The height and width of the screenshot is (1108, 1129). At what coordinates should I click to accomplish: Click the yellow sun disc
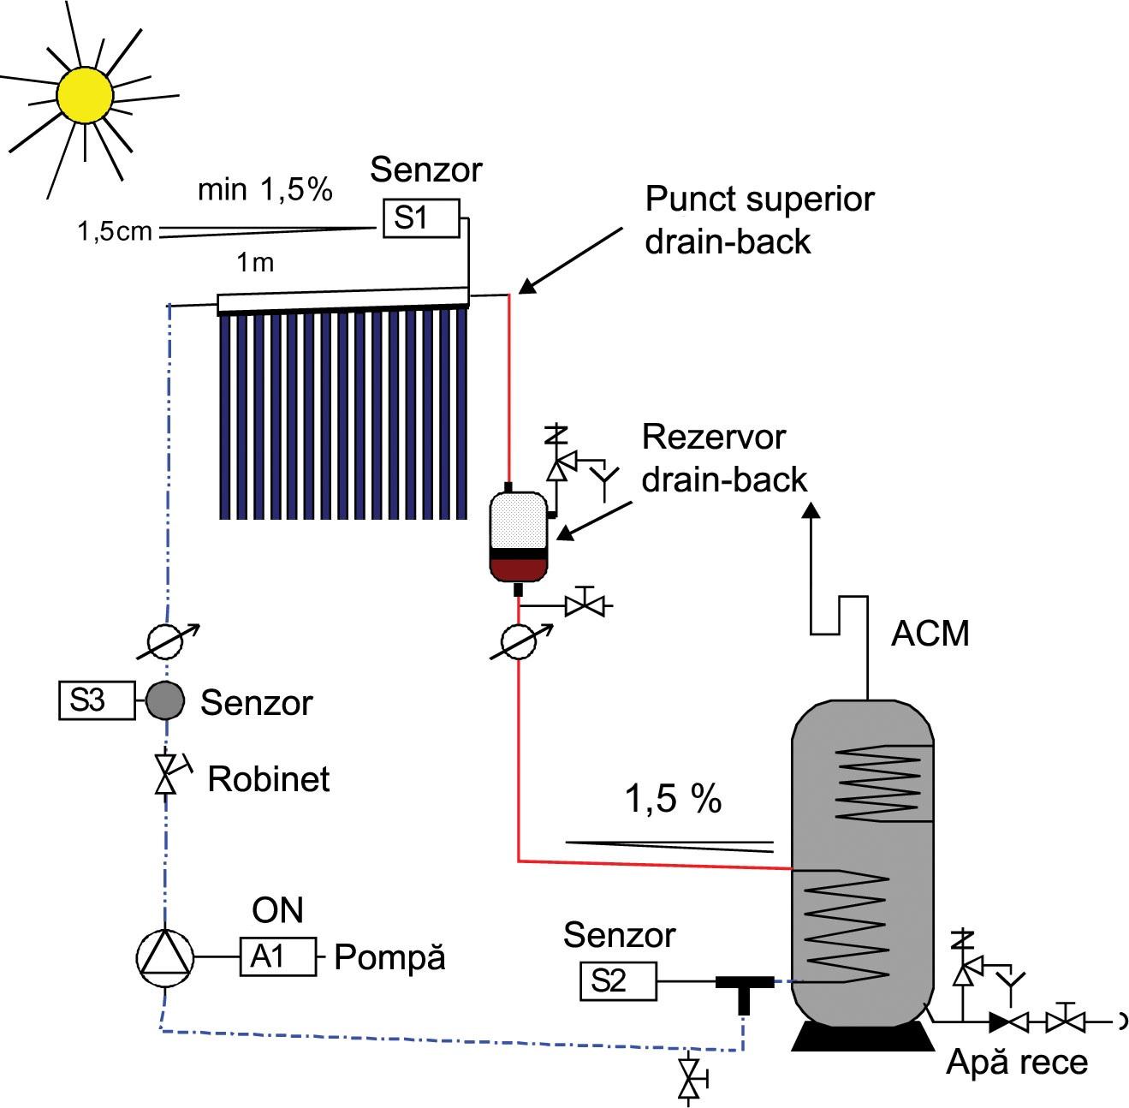point(85,93)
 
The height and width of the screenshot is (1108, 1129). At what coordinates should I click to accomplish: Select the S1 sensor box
point(419,217)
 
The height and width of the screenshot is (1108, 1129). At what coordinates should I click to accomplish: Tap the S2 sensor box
point(618,980)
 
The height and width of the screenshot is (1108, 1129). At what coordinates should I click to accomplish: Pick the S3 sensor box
point(96,700)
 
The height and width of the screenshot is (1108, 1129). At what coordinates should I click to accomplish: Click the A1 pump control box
point(277,956)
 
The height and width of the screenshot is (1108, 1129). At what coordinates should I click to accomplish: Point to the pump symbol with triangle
point(166,956)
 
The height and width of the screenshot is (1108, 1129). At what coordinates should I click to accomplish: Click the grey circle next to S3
point(165,701)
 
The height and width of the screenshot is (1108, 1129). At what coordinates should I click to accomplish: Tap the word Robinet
point(269,779)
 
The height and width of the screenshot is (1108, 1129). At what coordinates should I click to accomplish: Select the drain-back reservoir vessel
point(517,536)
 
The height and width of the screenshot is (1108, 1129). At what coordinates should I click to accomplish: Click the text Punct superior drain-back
point(759,220)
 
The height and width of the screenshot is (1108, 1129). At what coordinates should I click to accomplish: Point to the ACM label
point(930,634)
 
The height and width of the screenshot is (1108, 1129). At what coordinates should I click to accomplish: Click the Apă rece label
point(1017,1063)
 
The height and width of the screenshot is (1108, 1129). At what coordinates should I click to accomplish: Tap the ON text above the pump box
point(278,910)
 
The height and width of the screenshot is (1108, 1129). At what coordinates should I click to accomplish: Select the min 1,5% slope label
point(264,189)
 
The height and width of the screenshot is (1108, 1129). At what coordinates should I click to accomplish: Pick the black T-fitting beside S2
point(744,986)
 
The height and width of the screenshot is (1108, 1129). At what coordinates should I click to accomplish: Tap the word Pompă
point(389,957)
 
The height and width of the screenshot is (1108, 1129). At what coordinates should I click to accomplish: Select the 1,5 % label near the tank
point(674,799)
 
